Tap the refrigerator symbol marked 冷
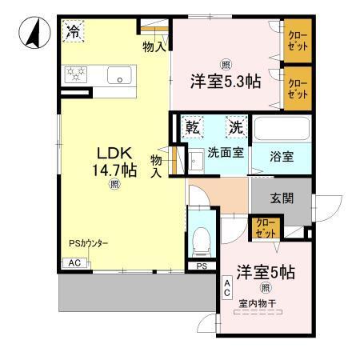(x=73, y=33)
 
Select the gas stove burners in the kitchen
(x=77, y=75)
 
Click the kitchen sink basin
(x=120, y=78)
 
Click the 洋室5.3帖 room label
(x=225, y=81)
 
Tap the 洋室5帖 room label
(x=265, y=272)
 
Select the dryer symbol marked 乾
(x=193, y=127)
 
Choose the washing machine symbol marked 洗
(x=236, y=127)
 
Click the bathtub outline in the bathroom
(x=285, y=129)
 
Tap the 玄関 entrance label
(x=282, y=198)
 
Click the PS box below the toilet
(x=201, y=266)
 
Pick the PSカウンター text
(x=88, y=244)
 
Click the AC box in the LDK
(x=74, y=262)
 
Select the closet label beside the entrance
(x=264, y=227)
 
